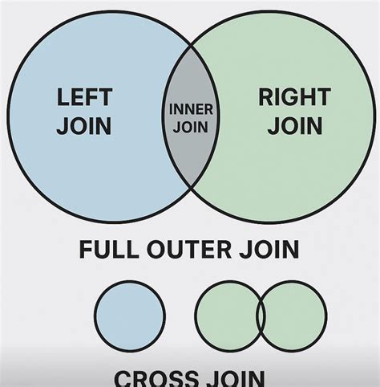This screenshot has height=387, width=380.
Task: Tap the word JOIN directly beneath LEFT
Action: (84, 126)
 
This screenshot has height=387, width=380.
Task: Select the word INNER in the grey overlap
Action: (190, 110)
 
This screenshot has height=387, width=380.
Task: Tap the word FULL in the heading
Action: (109, 250)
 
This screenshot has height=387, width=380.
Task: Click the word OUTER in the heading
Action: (190, 250)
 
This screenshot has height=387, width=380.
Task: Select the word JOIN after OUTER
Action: (269, 250)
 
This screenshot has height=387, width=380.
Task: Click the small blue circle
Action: (129, 316)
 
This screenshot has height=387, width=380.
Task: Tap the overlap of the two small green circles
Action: (261, 316)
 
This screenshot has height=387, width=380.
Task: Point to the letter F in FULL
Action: (87, 250)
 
